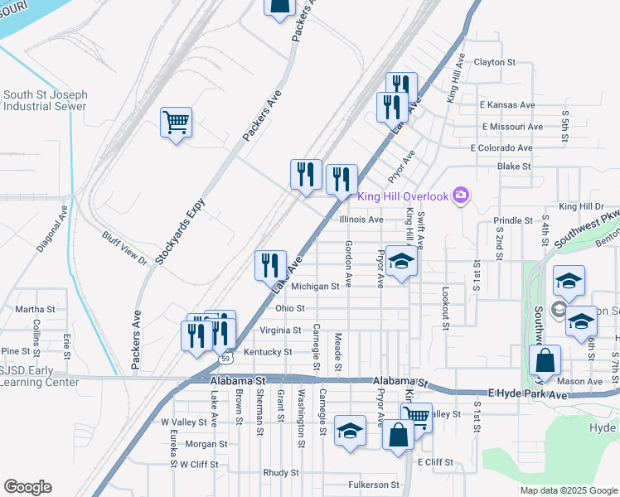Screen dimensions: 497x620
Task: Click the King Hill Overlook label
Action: (x=402, y=196)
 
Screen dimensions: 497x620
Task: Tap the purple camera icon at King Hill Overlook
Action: (x=461, y=196)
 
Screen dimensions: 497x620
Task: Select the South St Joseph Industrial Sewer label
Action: (x=45, y=101)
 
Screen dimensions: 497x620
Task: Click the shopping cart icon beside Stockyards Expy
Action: (x=176, y=123)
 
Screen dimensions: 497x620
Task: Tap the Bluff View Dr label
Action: (x=124, y=248)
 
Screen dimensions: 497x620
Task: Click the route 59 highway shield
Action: (x=225, y=359)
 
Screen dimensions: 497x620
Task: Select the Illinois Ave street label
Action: (x=361, y=220)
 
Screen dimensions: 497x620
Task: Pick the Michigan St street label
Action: (x=315, y=286)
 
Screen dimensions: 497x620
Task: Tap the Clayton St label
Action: (x=494, y=62)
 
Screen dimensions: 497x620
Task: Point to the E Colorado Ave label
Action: (x=501, y=147)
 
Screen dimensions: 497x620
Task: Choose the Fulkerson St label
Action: (x=372, y=485)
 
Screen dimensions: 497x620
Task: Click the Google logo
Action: (x=27, y=487)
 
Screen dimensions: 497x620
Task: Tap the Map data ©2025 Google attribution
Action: (x=568, y=490)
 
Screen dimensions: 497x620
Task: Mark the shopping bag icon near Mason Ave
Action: (x=545, y=361)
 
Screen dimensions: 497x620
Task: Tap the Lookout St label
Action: (x=445, y=309)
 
